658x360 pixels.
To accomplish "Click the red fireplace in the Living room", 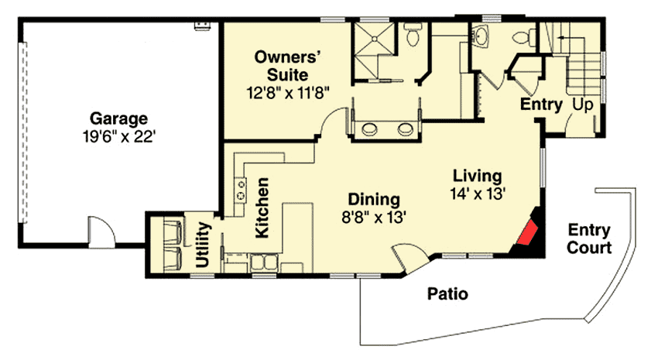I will point(529,233).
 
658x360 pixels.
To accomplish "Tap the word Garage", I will point(118,119).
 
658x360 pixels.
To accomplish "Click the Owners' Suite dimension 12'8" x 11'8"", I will point(288,91).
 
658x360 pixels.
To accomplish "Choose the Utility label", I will point(204,244).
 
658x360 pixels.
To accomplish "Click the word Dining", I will point(372,197).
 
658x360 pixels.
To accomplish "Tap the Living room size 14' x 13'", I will point(478,193).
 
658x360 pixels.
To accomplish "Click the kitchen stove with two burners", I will point(241,187).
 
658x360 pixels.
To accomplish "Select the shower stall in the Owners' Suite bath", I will point(373,39).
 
